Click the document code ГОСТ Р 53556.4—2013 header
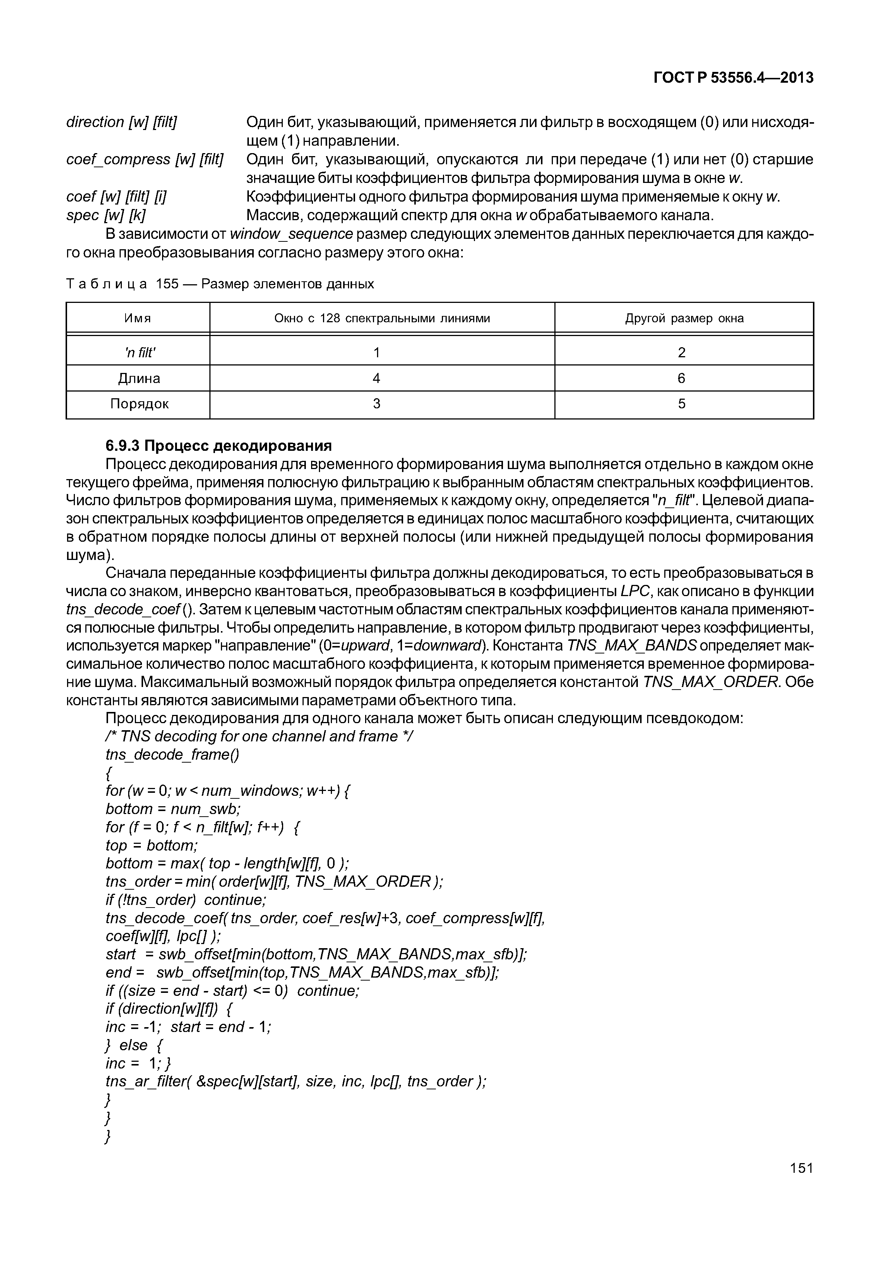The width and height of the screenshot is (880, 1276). point(733,78)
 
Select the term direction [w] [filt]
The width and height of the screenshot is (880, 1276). point(121,122)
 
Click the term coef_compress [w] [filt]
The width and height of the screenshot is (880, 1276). point(145,159)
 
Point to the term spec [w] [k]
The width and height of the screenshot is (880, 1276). point(106,215)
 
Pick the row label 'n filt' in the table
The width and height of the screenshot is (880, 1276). point(139,352)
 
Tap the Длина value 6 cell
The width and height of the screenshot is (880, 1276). point(681,378)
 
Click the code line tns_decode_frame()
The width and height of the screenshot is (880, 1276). point(172,754)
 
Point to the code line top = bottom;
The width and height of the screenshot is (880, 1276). point(152,845)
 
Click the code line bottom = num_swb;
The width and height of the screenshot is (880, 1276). point(173,809)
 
